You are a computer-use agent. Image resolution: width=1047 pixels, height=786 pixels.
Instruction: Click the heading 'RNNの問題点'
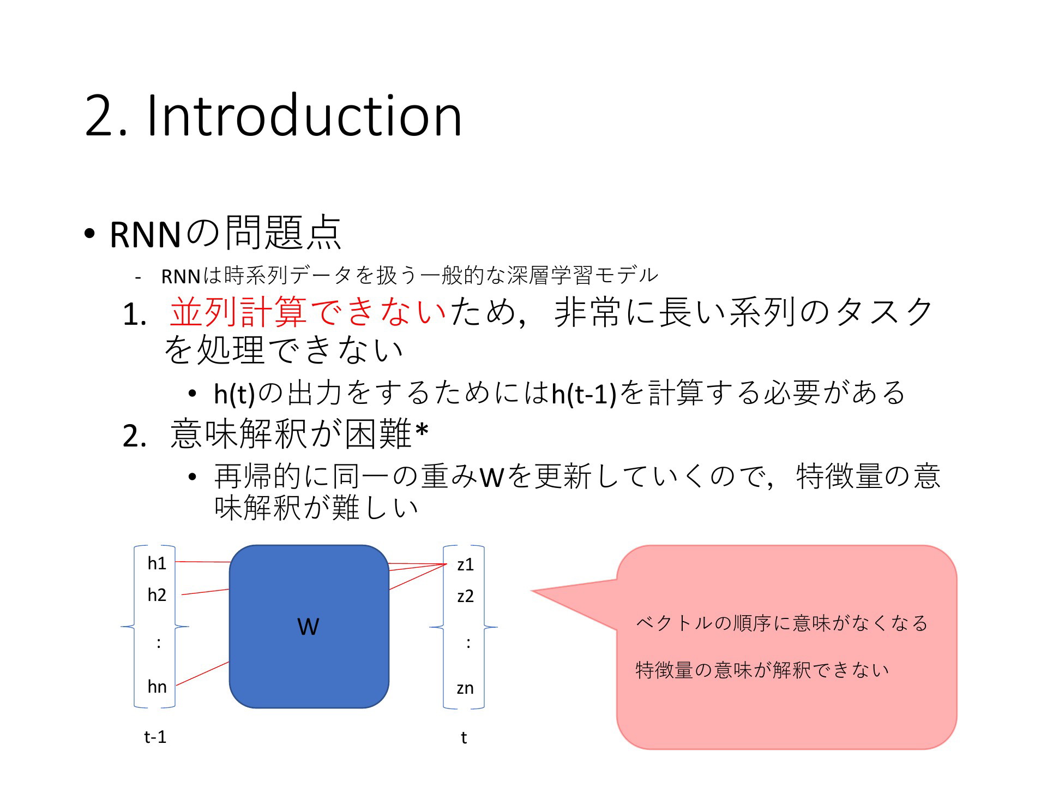(225, 233)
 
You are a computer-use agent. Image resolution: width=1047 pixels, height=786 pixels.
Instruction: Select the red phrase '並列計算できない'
(308, 312)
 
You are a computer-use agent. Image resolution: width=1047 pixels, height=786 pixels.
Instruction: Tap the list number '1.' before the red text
(135, 315)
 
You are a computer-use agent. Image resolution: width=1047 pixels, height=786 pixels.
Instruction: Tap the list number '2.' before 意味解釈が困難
(135, 437)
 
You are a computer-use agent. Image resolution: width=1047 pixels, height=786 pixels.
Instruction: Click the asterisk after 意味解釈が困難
(422, 431)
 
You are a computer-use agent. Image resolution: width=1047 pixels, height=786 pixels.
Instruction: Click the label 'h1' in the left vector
(157, 563)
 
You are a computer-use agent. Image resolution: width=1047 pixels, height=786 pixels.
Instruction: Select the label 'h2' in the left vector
(157, 594)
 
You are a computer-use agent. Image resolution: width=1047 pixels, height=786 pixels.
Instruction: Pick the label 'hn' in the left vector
(157, 686)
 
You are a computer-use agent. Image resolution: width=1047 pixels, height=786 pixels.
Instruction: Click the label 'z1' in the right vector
(465, 564)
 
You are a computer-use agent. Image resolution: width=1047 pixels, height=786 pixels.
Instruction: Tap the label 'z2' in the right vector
(465, 596)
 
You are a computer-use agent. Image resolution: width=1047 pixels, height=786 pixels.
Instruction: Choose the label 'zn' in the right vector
(465, 688)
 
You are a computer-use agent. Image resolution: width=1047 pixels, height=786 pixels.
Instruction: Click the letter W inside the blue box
(308, 627)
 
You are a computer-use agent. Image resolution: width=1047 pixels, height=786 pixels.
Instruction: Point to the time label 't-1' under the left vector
(155, 737)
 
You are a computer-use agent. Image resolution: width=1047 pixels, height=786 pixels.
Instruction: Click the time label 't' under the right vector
(464, 738)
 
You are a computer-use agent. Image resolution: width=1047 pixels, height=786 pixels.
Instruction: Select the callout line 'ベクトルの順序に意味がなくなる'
(782, 623)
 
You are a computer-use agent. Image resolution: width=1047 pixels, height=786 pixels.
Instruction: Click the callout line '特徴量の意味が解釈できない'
(762, 670)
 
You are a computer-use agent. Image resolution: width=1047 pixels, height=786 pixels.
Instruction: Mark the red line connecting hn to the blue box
(203, 674)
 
